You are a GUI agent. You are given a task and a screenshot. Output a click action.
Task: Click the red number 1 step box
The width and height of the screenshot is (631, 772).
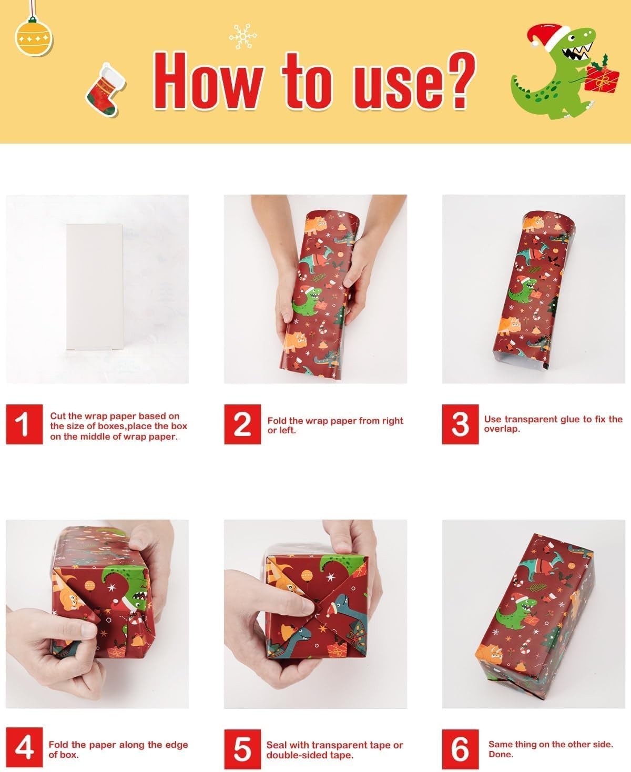24,424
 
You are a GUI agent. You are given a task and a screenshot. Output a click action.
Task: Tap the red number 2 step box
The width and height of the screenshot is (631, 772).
242,424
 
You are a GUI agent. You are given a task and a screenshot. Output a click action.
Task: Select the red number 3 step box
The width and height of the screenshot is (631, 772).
460,424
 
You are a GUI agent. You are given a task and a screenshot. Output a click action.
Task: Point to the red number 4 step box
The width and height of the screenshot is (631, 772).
24,749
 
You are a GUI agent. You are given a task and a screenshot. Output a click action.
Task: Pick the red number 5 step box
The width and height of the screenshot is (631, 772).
242,749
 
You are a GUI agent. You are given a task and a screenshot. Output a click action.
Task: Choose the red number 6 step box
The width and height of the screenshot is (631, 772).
460,749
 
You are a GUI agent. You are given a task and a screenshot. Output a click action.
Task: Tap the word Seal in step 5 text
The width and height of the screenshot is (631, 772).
277,745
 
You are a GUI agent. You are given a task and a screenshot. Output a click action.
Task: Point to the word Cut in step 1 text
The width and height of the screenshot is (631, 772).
58,416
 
